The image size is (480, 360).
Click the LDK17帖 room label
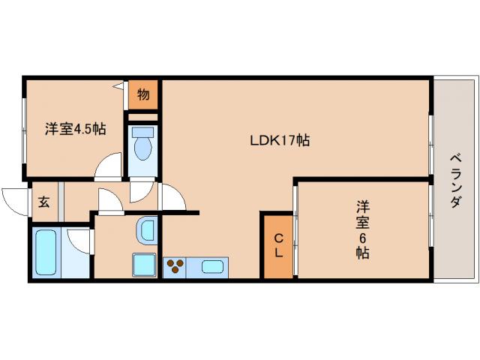click(280, 140)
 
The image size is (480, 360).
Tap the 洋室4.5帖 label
click(76, 129)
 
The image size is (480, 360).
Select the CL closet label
click(278, 245)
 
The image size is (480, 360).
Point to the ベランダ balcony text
click(456, 181)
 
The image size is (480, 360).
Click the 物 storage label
click(143, 94)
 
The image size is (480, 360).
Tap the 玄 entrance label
click(44, 202)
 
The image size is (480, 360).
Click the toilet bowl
click(142, 148)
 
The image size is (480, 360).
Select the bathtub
click(46, 252)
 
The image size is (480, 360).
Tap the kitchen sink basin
click(211, 267)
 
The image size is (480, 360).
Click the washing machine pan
click(144, 265)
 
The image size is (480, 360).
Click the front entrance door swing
click(15, 202)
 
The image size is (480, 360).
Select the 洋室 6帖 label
click(363, 229)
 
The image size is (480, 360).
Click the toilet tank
click(142, 132)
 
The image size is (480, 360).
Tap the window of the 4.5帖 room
click(24, 130)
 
